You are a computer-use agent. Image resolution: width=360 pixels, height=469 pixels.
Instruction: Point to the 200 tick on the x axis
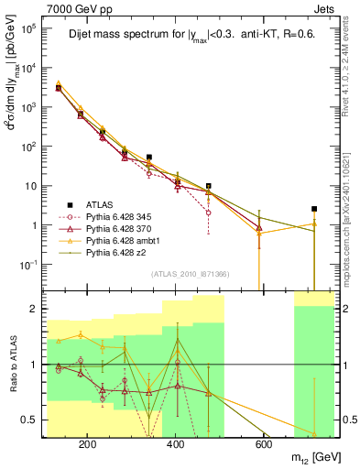[x=88, y=444]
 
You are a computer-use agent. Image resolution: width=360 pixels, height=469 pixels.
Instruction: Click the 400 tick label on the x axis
[x=175, y=444]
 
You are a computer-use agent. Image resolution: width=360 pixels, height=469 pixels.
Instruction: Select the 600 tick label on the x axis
[x=263, y=444]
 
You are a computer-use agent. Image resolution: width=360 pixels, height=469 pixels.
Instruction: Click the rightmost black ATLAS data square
[x=314, y=209]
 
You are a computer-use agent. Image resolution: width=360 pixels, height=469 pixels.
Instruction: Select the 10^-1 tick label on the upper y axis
[x=29, y=265]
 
